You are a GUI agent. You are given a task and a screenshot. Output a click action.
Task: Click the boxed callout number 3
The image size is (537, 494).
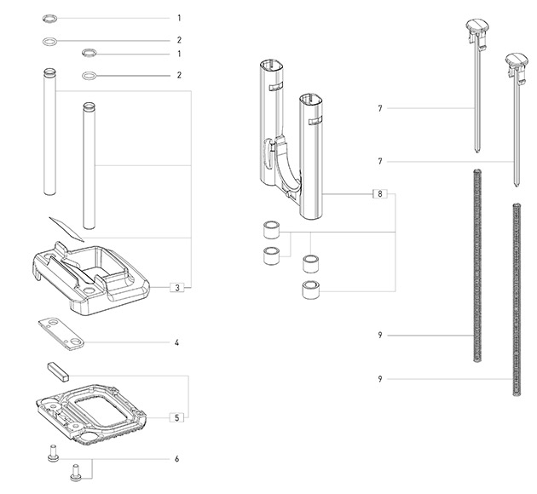tap(177, 287)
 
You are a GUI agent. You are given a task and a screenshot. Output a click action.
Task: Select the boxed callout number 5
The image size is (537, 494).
tap(176, 417)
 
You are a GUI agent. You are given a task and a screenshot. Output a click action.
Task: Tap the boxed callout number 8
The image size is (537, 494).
tap(378, 194)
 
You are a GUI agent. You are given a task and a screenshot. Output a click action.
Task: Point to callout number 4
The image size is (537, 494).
tap(176, 343)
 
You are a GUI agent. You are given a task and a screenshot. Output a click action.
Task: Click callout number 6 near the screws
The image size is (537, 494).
tap(176, 459)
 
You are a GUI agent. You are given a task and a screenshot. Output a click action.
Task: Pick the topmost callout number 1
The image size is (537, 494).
tap(179, 17)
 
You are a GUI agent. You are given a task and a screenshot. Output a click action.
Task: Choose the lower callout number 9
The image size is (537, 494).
tap(379, 377)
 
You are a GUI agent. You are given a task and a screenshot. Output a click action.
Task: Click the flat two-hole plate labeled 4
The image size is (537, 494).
tap(61, 333)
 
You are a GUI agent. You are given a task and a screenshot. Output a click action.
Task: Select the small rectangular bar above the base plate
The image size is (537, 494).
tap(57, 371)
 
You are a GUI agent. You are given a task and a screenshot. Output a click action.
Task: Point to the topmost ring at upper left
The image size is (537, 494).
tap(50, 17)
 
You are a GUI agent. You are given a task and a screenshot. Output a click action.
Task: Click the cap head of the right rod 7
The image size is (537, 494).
tap(517, 63)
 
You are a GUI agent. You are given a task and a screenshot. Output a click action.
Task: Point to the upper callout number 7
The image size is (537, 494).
tap(379, 108)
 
